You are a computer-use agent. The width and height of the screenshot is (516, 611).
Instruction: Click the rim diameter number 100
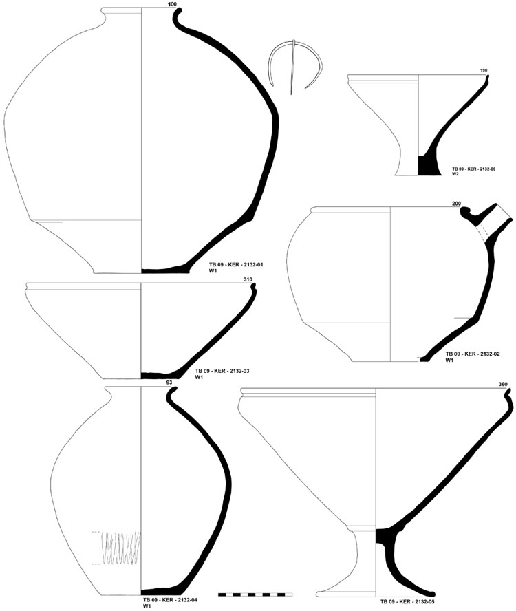172,4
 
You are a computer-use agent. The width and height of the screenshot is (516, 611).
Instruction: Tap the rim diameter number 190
484,71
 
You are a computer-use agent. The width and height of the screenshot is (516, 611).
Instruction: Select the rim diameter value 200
456,204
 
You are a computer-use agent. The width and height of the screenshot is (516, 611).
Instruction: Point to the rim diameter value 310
248,279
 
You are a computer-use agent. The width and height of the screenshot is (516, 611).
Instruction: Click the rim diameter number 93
169,383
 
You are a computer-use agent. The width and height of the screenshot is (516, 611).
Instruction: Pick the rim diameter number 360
503,384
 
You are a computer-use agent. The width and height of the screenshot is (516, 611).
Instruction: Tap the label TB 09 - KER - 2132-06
473,169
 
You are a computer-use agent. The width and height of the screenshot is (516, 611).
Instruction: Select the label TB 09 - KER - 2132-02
473,354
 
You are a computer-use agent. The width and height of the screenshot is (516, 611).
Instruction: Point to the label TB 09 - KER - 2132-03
222,371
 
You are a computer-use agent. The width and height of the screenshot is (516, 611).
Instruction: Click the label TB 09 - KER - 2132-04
170,600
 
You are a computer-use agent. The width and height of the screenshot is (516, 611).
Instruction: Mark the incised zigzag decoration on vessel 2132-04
120,548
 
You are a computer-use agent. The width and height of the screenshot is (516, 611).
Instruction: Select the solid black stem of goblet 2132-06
427,165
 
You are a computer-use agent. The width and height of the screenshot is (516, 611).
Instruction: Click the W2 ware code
455,174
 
